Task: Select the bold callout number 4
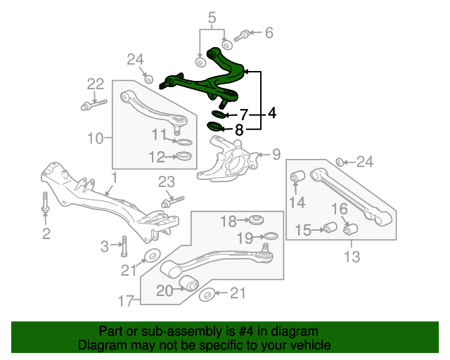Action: [272, 112]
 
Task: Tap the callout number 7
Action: [244, 115]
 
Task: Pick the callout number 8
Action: [239, 130]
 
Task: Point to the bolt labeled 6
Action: [243, 35]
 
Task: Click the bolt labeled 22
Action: [94, 105]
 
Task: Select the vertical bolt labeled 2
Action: [45, 203]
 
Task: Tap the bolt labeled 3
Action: [124, 245]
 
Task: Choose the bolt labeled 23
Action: [172, 201]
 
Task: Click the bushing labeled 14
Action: [298, 176]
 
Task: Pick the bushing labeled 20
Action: [189, 283]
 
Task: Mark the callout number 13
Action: [352, 257]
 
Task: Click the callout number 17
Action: [126, 301]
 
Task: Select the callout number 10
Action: [95, 138]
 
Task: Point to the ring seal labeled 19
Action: [270, 236]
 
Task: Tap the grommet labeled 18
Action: [256, 219]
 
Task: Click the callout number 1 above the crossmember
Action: [115, 178]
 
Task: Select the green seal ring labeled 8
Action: [215, 126]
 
